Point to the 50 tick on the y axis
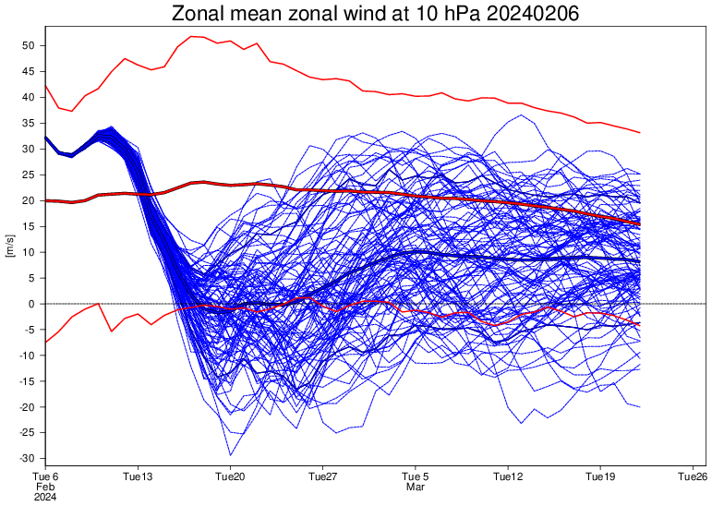tap(28, 45)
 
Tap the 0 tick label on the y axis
tap(31, 304)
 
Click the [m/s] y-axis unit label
tap(10, 251)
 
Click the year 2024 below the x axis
tap(44, 497)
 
